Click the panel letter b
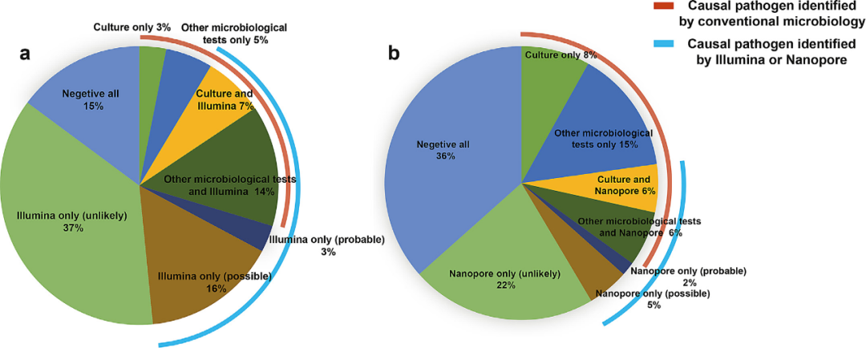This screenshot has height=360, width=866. click(x=394, y=54)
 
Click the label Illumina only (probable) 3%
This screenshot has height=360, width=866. click(x=327, y=245)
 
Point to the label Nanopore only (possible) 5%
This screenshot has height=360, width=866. click(x=654, y=299)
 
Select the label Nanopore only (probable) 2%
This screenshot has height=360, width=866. click(x=688, y=277)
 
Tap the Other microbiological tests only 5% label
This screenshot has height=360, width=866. click(x=233, y=33)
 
